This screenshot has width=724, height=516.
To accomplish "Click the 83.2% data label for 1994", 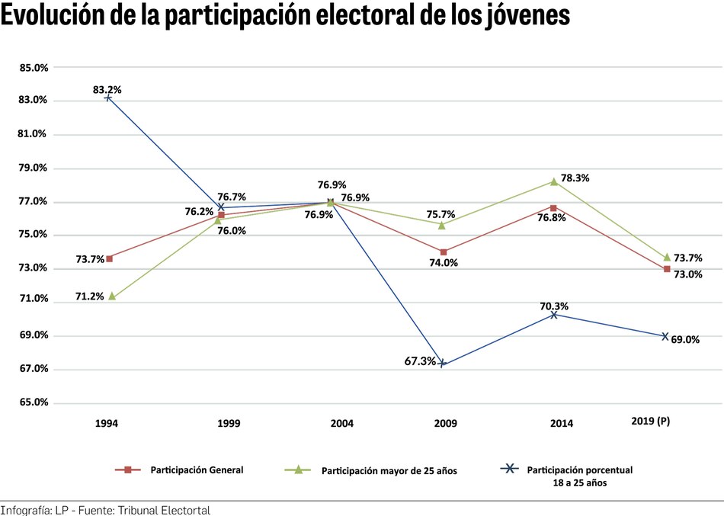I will tap(107, 90).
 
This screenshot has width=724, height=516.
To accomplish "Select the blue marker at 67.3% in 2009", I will tap(442, 364).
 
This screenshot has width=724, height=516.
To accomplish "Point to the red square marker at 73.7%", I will tap(110, 258).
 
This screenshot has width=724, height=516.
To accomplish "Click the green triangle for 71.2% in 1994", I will tap(112, 296).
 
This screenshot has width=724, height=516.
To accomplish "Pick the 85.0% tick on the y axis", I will tap(34, 68).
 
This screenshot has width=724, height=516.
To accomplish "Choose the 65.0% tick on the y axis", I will tap(34, 402).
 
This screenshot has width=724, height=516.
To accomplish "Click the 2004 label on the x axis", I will tap(330, 423).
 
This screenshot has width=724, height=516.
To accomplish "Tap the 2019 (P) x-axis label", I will tap(652, 421).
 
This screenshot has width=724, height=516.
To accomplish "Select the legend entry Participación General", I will tap(197, 470).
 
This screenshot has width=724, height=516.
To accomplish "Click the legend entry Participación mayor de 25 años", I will tap(389, 471).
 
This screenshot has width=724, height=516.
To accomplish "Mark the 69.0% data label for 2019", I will tap(685, 340).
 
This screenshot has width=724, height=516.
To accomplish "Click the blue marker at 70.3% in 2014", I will tap(554, 314).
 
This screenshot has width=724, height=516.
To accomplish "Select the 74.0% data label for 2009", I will tap(444, 263).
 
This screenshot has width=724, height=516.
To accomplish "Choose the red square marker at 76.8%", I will tap(554, 207).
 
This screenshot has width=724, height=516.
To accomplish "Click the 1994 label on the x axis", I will tap(107, 423).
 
